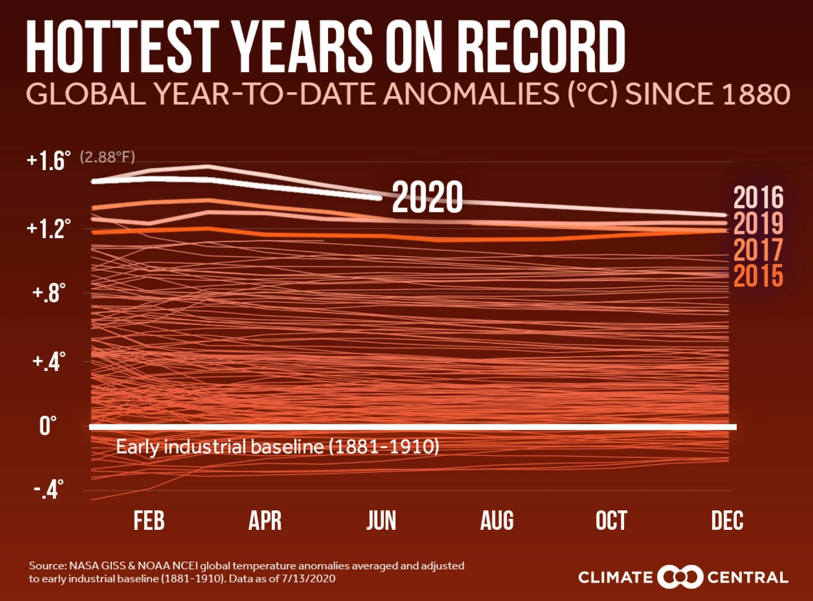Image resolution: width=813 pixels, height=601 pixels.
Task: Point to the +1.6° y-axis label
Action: coord(49,161)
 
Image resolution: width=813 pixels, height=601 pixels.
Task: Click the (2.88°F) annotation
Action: coord(107,157)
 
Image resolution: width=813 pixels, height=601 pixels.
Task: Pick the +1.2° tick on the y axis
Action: coord(49,228)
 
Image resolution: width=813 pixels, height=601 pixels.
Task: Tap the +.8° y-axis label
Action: coord(49,294)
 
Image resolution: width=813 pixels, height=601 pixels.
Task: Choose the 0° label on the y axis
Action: coord(48,426)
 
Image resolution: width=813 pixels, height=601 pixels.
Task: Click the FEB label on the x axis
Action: coord(149,521)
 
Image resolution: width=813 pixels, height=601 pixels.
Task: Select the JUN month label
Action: coord(381,521)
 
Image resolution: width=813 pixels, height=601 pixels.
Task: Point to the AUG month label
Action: coord(497,521)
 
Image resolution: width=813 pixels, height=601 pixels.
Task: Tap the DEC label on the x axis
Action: coord(727,521)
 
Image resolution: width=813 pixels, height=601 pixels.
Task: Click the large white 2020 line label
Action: coord(427,197)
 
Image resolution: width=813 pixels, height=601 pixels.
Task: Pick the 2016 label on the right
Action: coord(758,197)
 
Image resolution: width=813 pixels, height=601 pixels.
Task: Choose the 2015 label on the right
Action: coord(758,276)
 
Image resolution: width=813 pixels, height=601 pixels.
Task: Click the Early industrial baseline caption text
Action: coord(277,447)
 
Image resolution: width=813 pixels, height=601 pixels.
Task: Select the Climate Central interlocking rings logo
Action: coord(680,577)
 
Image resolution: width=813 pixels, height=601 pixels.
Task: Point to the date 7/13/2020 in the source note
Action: coord(308,578)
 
